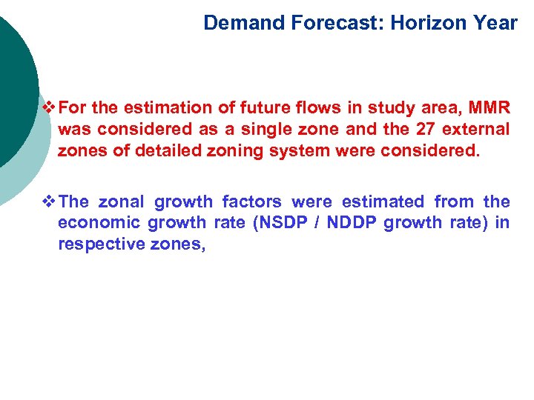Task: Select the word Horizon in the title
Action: (419, 23)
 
